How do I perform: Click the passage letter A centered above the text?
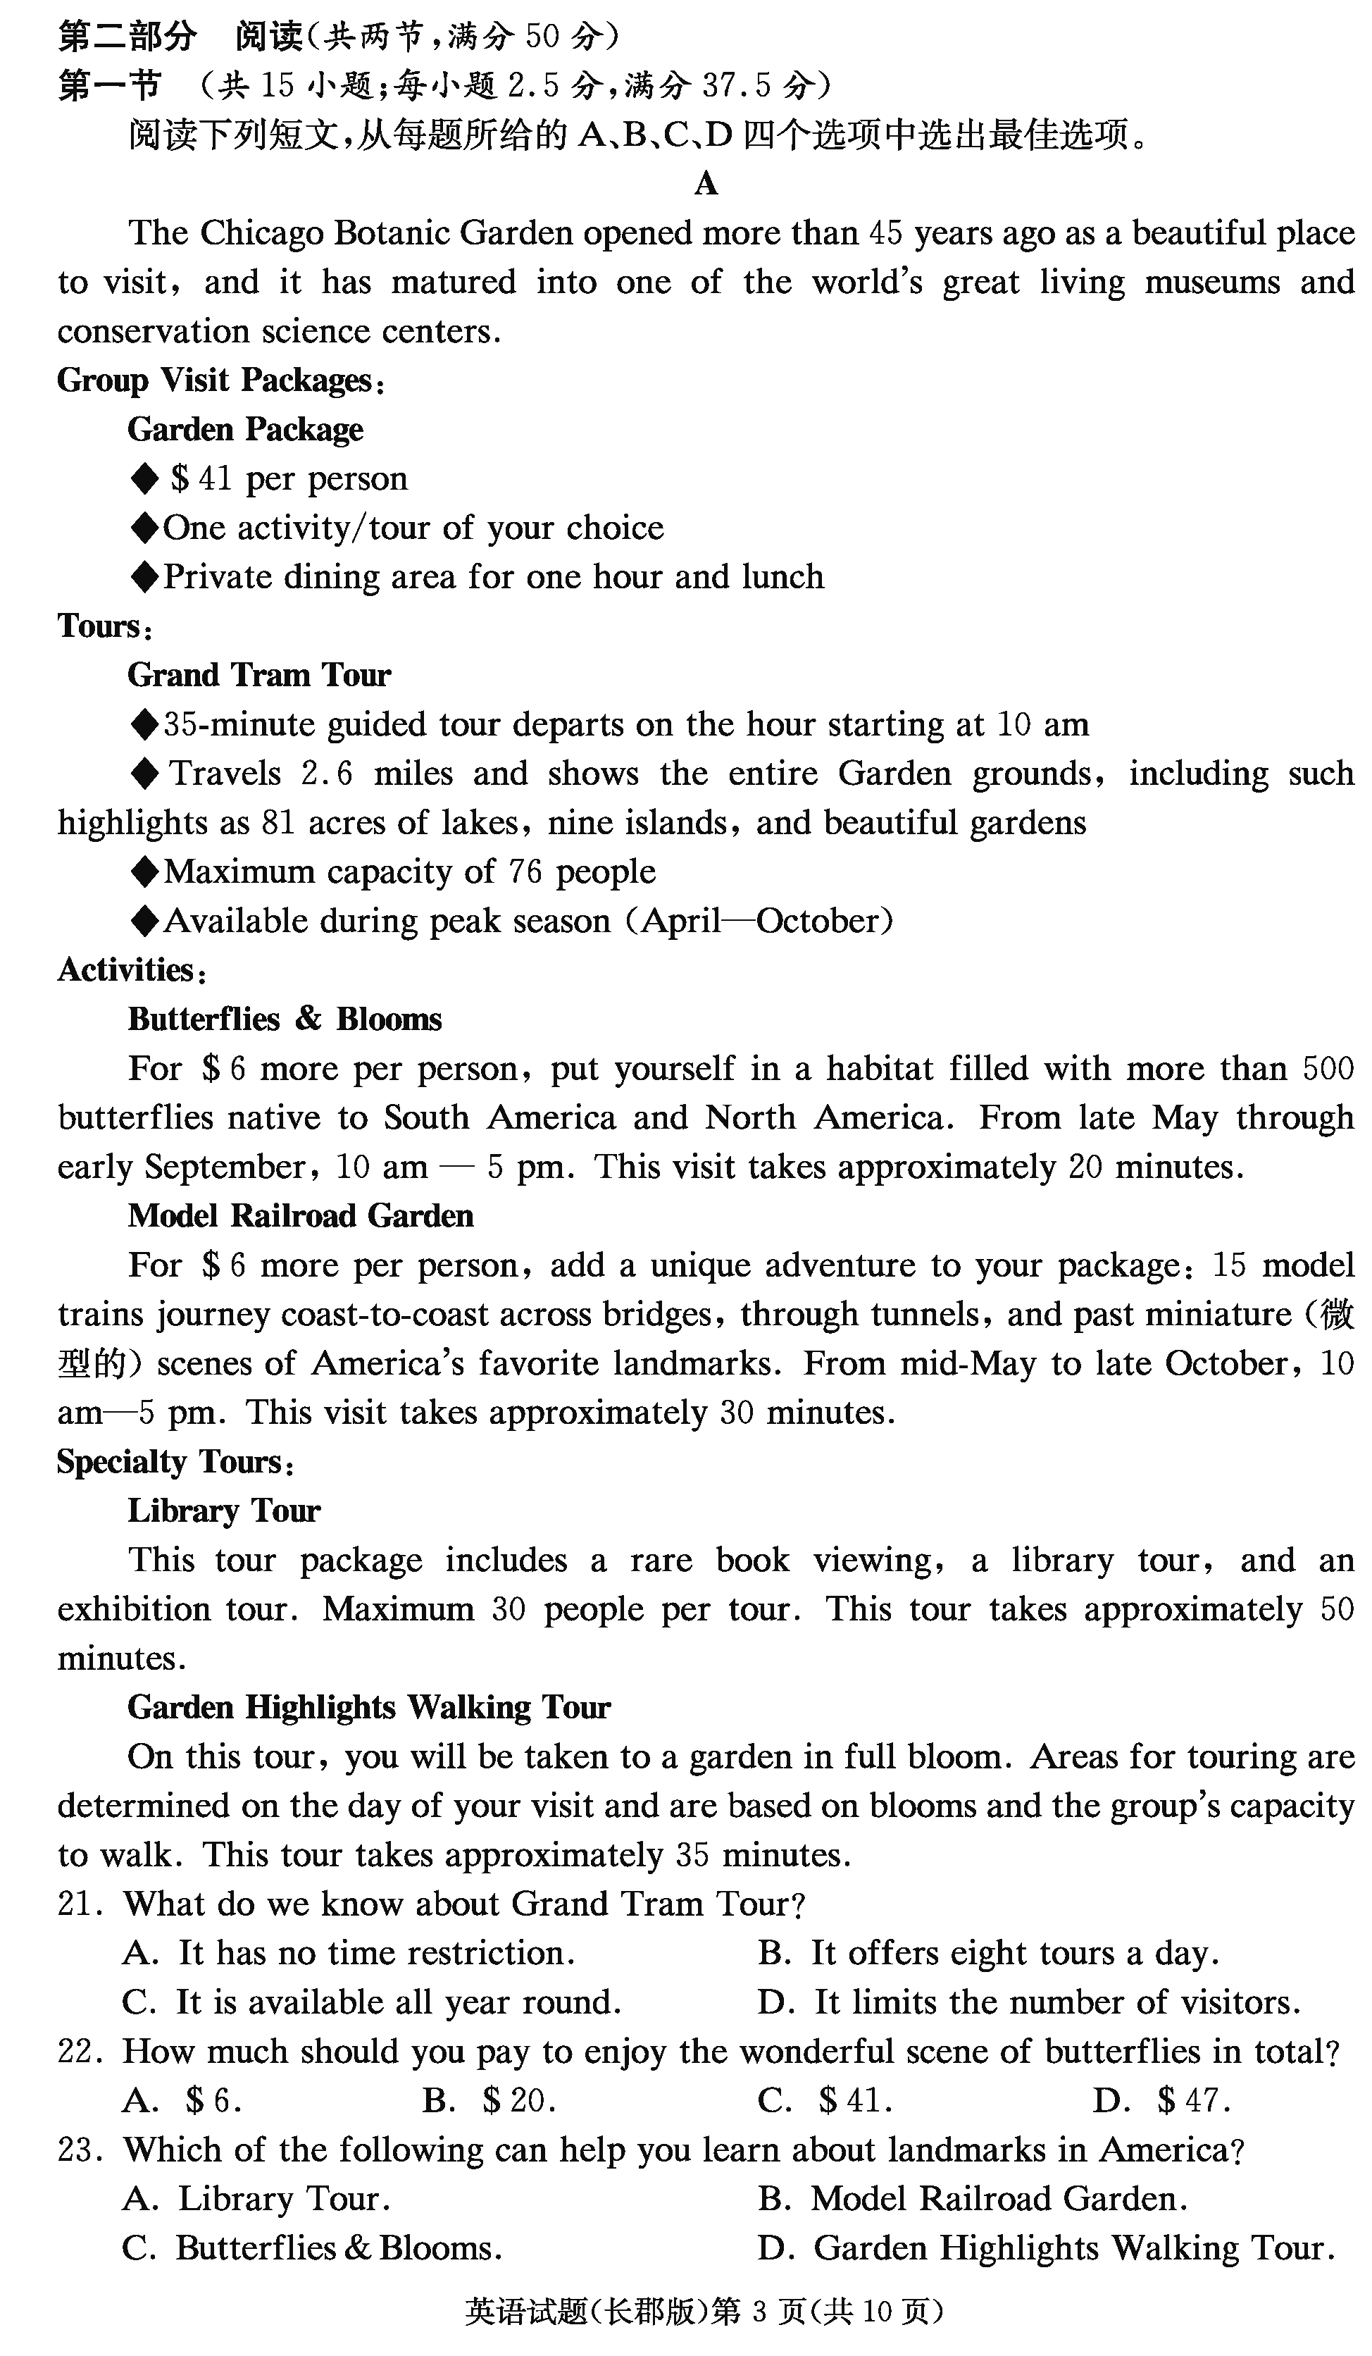click(706, 183)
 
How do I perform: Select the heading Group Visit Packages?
click(220, 380)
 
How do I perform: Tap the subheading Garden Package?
click(245, 430)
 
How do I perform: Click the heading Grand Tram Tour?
click(259, 675)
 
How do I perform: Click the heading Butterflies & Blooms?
click(284, 1019)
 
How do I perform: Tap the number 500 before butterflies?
click(1327, 1069)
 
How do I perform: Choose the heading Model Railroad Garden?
click(300, 1216)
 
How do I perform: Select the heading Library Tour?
click(223, 1511)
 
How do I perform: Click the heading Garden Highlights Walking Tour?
click(368, 1708)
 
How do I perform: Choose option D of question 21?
click(1028, 2002)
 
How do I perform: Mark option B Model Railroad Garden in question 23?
click(972, 2199)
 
